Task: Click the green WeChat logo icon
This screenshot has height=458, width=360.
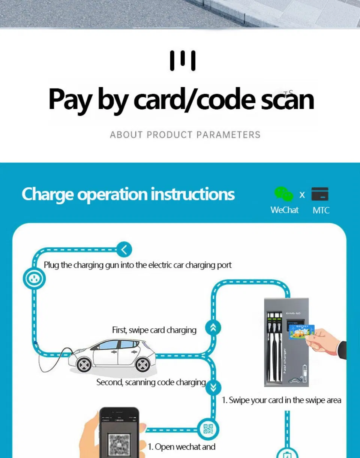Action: tap(283, 194)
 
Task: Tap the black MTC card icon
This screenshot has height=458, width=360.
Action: tap(319, 194)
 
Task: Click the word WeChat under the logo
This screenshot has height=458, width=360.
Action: tap(284, 210)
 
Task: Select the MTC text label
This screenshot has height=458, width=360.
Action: tap(321, 210)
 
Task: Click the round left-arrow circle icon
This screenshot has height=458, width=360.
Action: tap(124, 249)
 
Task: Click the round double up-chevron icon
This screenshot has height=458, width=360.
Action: tap(213, 328)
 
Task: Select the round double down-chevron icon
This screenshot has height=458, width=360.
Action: tap(213, 387)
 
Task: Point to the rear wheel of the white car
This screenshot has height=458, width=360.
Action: tap(143, 364)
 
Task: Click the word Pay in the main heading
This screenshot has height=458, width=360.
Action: tap(70, 100)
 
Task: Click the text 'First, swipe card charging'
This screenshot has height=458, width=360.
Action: tap(154, 330)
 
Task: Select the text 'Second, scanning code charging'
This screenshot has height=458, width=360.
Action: tap(151, 382)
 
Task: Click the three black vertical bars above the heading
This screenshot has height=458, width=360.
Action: tap(183, 61)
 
